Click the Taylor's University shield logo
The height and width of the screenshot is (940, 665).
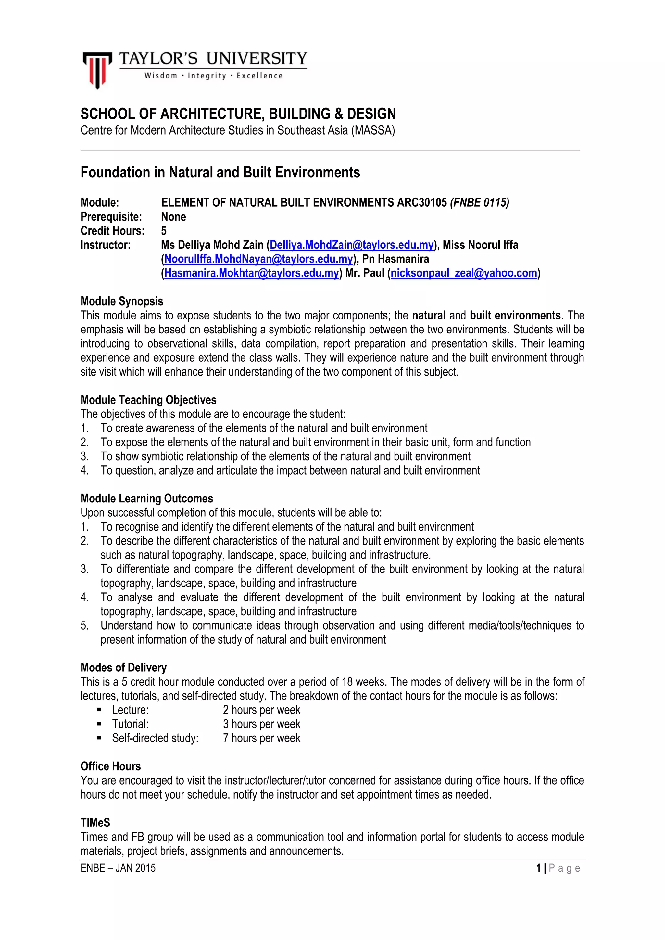(x=97, y=69)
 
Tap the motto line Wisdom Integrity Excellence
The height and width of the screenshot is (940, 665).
(x=213, y=76)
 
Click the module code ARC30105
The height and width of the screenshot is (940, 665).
(x=421, y=202)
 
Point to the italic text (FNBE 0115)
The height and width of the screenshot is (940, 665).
(x=479, y=202)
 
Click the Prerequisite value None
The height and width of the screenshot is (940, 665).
(x=173, y=217)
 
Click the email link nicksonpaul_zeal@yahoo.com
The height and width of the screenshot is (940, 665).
(x=464, y=273)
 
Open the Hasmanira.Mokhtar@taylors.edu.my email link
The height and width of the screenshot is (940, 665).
(x=252, y=273)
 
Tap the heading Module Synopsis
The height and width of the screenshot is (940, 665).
(x=122, y=301)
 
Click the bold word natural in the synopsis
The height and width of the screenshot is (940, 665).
(x=429, y=315)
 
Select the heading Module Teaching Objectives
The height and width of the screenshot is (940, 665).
(x=148, y=400)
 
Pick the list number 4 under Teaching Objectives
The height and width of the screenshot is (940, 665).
(x=84, y=470)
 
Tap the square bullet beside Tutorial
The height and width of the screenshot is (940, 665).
(x=99, y=724)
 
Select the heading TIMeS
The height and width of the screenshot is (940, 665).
(x=95, y=823)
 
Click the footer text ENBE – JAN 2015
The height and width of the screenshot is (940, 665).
(x=118, y=868)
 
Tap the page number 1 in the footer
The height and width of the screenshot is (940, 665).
(x=538, y=868)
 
